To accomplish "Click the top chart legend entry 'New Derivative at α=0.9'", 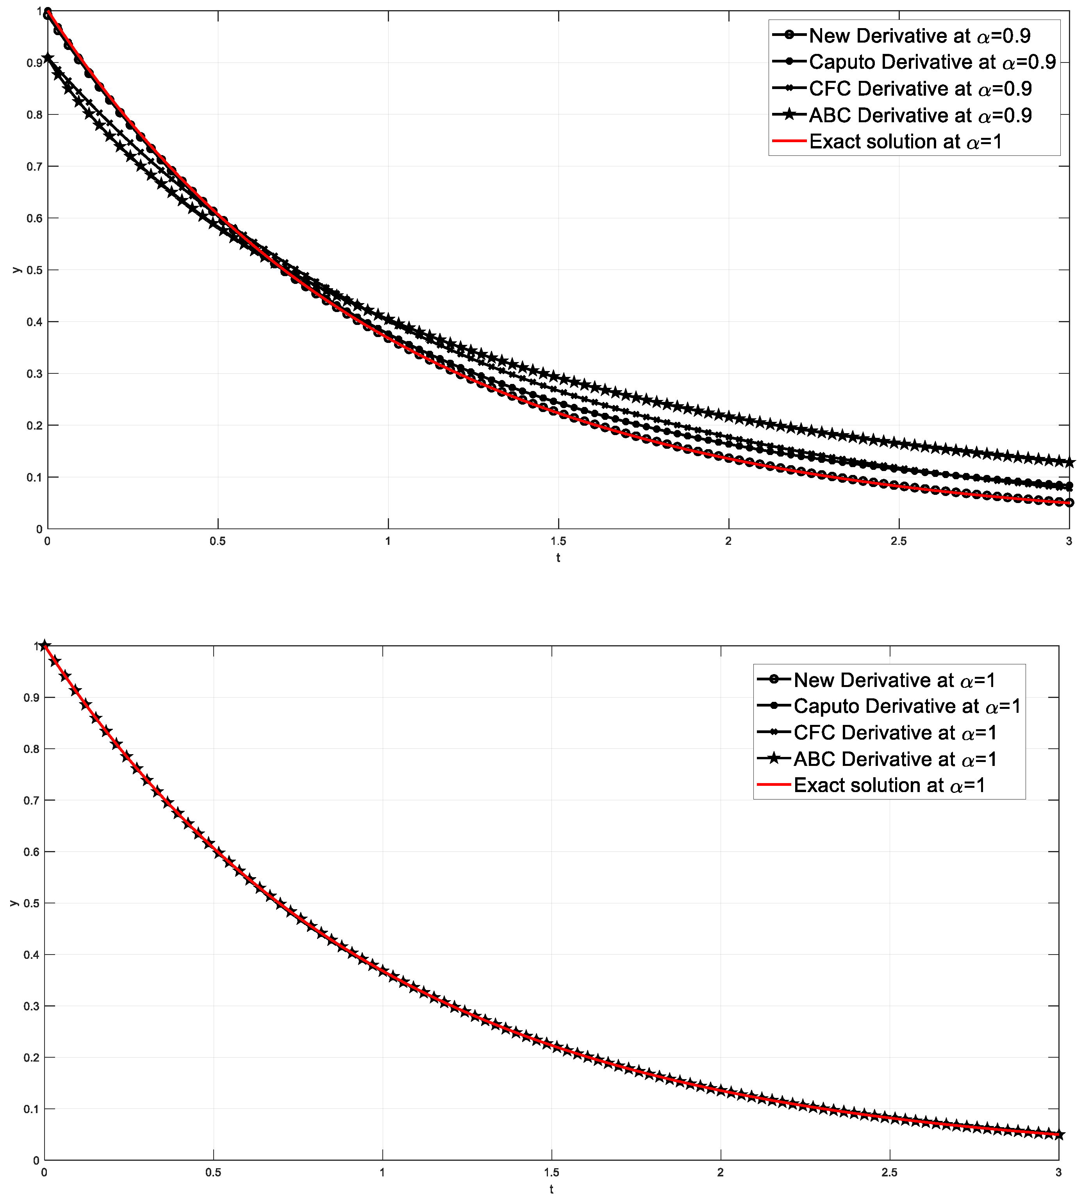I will click(x=919, y=36).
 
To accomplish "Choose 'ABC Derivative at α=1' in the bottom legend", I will click(x=894, y=759).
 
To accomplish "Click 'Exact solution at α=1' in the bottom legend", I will click(x=889, y=785).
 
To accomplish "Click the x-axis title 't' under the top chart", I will click(x=558, y=558).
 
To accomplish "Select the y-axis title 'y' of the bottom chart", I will click(x=13, y=903).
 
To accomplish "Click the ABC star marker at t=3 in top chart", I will click(x=1069, y=462).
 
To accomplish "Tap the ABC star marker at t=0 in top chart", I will click(x=48, y=58).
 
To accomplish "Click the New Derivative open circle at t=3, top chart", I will click(x=1069, y=502).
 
